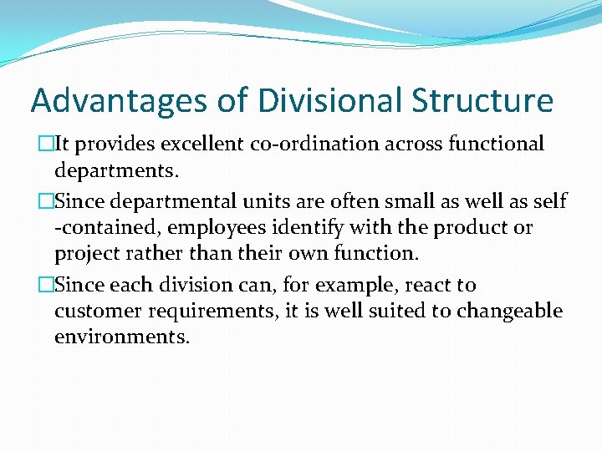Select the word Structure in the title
(x=482, y=101)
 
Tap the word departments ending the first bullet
(x=116, y=171)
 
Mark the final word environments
(x=122, y=338)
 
